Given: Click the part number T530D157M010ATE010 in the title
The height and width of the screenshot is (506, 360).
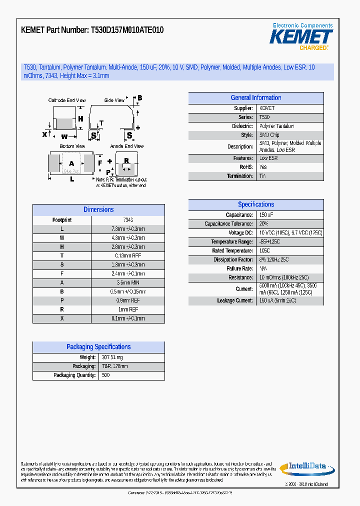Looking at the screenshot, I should [127, 30].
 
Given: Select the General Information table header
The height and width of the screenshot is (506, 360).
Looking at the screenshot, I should [255, 98].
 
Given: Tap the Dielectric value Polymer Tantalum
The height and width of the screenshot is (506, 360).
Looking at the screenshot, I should [276, 126].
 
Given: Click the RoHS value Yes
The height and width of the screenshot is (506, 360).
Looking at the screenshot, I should [263, 167].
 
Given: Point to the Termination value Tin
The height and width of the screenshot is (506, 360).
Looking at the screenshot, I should [262, 176].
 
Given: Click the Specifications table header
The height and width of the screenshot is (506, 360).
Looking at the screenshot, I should [255, 204].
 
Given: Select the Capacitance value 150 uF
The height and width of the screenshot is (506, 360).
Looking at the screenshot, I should [266, 215].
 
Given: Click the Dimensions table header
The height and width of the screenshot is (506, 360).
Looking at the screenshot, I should [98, 210].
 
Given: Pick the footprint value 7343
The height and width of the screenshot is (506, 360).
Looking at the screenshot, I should [127, 220].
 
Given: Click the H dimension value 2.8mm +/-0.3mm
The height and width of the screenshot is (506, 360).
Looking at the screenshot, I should [127, 247].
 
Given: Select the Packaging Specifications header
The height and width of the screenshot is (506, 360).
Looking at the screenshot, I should [98, 347].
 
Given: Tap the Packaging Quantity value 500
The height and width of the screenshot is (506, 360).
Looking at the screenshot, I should [105, 375].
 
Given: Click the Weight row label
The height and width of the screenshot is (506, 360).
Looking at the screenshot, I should [87, 357].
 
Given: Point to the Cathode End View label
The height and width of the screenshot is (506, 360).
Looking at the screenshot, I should [67, 100].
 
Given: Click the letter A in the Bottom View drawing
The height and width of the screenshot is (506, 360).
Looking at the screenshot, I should [71, 163].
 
